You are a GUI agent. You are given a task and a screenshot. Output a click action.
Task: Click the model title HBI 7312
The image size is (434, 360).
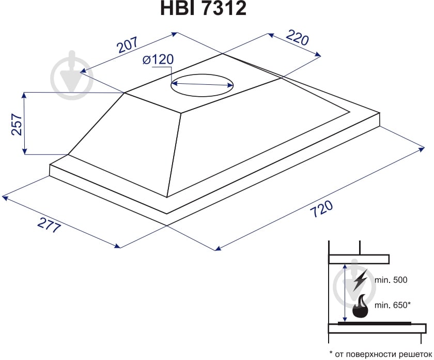(203, 8)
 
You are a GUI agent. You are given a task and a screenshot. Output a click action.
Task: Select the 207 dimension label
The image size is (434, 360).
(128, 44)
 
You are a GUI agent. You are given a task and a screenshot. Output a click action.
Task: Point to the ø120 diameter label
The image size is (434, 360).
(158, 59)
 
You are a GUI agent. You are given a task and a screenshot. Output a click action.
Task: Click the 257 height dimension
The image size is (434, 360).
(17, 125)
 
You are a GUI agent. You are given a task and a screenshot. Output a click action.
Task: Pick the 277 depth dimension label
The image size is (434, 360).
(49, 226)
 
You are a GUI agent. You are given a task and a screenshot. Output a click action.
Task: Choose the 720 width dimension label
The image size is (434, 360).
(321, 208)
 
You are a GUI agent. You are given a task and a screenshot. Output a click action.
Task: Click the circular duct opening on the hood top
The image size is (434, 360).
(203, 85)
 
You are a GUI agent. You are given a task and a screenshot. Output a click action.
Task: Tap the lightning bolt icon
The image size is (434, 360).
(360, 280)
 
